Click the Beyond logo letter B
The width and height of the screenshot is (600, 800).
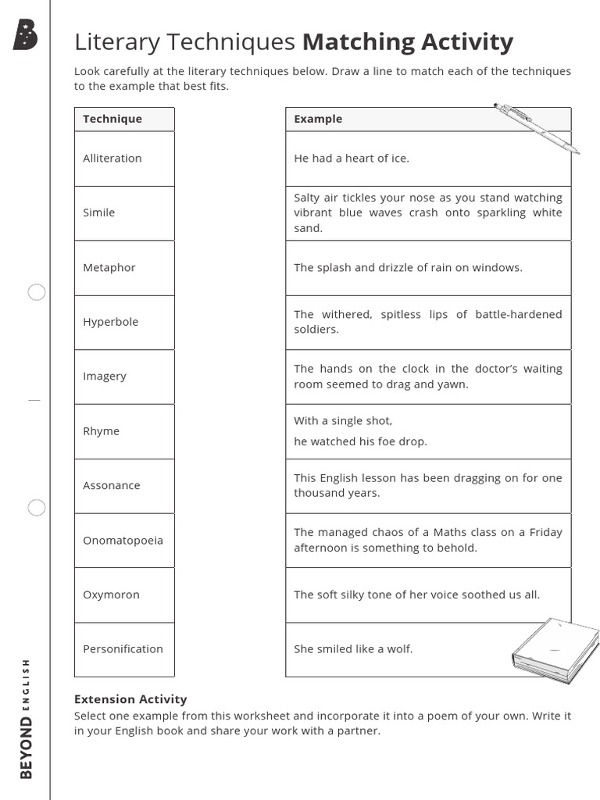point(25,35)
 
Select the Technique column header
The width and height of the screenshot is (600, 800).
point(112,119)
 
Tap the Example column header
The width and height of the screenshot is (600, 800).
point(318,119)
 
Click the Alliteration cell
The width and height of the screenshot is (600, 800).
point(112,158)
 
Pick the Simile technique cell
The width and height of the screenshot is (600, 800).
point(99,212)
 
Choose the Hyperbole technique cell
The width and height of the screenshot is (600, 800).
point(110,322)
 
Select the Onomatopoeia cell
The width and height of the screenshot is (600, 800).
point(123,540)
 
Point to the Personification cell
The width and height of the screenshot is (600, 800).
point(123,648)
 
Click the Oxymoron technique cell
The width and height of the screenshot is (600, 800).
point(111,595)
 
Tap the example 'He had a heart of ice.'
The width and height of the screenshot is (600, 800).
point(352,158)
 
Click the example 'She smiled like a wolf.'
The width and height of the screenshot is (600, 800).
point(353,648)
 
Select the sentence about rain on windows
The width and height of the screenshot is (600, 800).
point(408,267)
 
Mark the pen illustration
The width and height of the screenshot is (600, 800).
point(537,128)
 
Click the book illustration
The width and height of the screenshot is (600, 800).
point(555,650)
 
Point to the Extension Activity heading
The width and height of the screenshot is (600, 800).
point(130,699)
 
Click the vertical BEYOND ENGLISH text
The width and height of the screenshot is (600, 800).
point(26,719)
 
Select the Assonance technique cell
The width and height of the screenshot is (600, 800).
point(112,485)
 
